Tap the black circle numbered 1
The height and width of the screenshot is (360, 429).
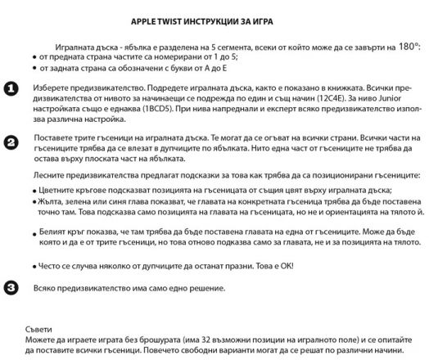[11, 88]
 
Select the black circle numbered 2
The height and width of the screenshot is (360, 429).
[11, 142]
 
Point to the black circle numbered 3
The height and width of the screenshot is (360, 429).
[11, 286]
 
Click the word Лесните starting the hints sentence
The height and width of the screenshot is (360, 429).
[52, 176]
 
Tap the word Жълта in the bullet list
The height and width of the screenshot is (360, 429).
[52, 200]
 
